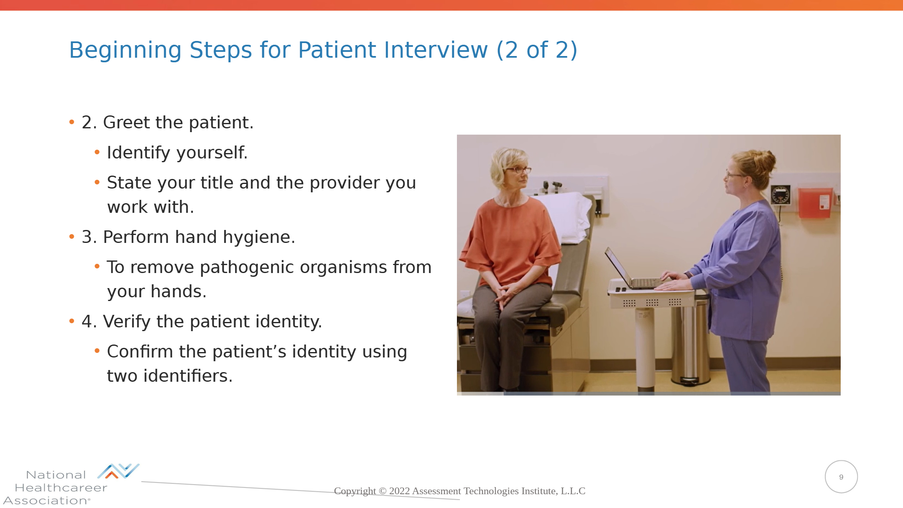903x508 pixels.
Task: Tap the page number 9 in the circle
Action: click(x=841, y=477)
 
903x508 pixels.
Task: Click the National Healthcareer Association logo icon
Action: click(x=118, y=471)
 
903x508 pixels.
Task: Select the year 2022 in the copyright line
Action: click(x=399, y=491)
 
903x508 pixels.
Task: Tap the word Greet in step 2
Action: click(x=126, y=123)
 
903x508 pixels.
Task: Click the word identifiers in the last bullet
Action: click(x=188, y=376)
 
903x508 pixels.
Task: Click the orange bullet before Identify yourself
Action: click(x=97, y=152)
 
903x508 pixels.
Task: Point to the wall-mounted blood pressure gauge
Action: click(x=781, y=194)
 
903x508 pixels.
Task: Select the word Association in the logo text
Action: click(x=45, y=500)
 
